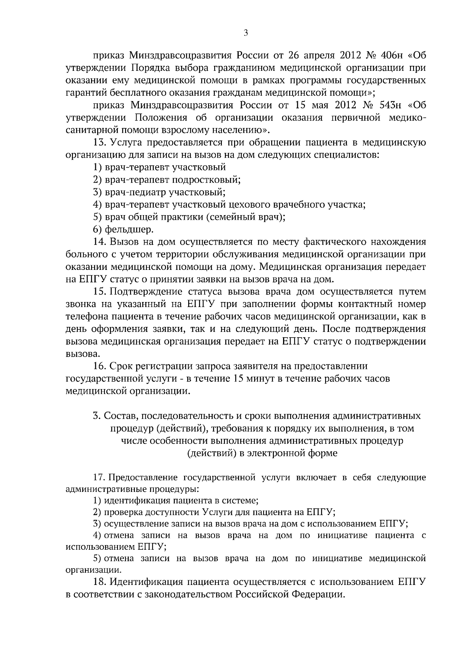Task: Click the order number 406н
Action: tap(392, 56)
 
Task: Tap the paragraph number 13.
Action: tap(100, 142)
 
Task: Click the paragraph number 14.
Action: tap(100, 242)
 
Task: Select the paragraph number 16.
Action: tap(100, 366)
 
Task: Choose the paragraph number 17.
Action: tap(100, 478)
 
